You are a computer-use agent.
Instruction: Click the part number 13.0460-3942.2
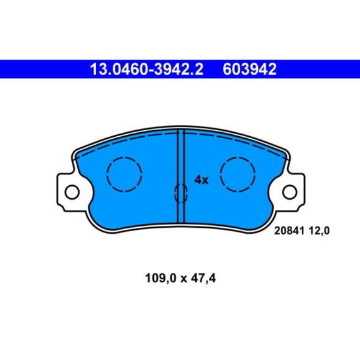(x=147, y=69)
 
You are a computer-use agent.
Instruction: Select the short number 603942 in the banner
(x=249, y=69)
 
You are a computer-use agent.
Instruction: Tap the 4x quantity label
(x=202, y=180)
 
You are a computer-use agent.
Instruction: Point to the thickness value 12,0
(x=319, y=231)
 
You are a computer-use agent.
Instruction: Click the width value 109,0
(x=160, y=278)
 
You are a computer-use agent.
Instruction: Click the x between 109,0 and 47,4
(x=183, y=279)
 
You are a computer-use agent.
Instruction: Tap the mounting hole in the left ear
(x=72, y=192)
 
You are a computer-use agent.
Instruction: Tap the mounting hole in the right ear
(x=290, y=192)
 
